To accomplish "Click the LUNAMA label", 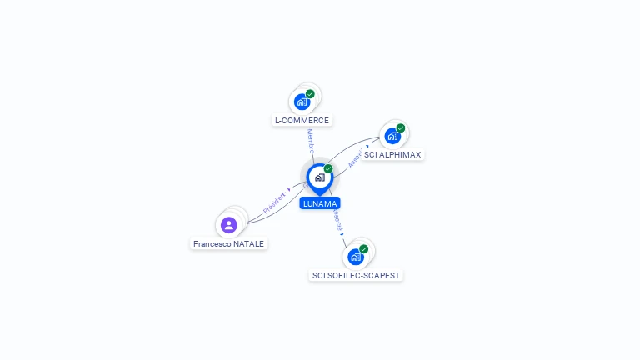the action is (320, 203).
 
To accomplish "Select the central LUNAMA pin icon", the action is (319, 177).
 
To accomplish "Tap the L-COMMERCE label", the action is (302, 120).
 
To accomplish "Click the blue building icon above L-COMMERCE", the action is (302, 102).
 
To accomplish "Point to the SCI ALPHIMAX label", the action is (392, 155).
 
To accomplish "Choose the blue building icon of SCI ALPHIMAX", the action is (392, 136).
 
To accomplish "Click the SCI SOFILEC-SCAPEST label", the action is (357, 275).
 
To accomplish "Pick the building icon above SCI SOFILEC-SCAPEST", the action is (356, 256).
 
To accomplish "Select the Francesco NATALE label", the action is (228, 244).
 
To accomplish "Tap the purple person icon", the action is (228, 225).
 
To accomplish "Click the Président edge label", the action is (274, 203).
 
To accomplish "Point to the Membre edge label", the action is (310, 140).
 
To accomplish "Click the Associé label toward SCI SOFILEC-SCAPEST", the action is (337, 221).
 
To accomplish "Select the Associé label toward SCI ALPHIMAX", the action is (356, 157).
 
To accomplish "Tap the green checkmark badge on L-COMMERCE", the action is (310, 94).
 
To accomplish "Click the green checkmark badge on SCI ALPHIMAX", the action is (401, 128).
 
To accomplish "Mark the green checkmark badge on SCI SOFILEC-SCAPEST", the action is (364, 248).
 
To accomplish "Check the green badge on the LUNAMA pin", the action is (328, 169).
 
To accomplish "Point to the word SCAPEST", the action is (382, 275).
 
